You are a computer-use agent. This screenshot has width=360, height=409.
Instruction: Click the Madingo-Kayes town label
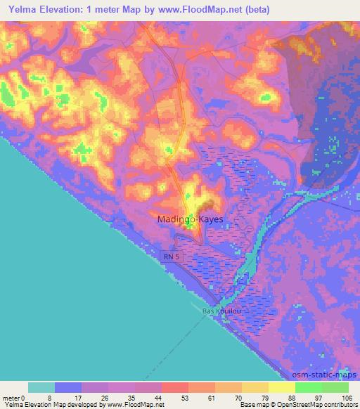[x=190, y=219]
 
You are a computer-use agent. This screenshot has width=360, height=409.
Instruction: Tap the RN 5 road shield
[x=171, y=257]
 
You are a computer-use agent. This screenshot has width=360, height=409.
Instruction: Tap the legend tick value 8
[x=55, y=398]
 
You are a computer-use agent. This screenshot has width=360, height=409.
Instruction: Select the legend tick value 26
[x=108, y=398]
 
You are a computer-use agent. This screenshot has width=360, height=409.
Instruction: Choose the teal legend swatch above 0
[x=41, y=387]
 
